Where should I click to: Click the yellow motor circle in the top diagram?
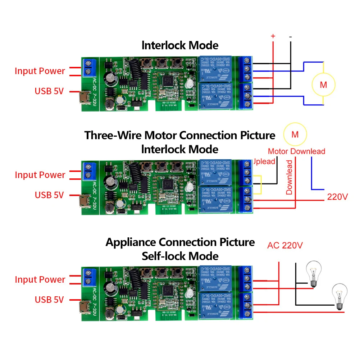(324, 85)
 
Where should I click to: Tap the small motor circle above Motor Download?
(295, 135)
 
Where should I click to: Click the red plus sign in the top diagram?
(273, 36)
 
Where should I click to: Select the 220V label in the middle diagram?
(337, 197)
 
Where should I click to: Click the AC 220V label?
(285, 246)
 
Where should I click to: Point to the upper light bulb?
(312, 274)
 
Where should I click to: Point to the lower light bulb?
(339, 296)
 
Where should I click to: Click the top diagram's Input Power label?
(40, 71)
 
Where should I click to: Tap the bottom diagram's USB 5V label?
(49, 299)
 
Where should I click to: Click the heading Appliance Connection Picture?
(180, 242)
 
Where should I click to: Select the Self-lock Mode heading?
(180, 256)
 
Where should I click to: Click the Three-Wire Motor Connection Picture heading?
(180, 135)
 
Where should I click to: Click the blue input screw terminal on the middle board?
(88, 171)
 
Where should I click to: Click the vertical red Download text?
(290, 177)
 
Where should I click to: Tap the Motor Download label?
(296, 151)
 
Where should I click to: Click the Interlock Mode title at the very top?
(180, 45)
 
